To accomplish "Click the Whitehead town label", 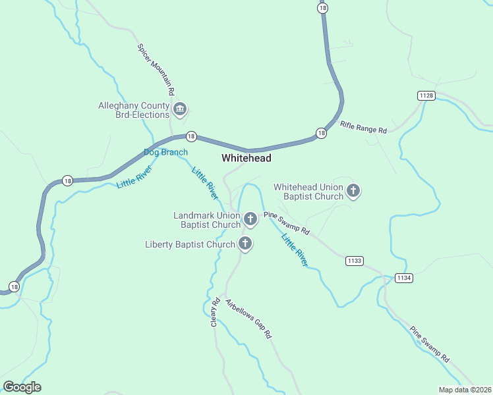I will pyautogui.click(x=246, y=158).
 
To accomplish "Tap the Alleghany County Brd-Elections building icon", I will pyautogui.click(x=179, y=109).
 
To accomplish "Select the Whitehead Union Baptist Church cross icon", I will pyautogui.click(x=353, y=192).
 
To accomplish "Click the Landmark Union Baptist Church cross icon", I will pyautogui.click(x=250, y=219).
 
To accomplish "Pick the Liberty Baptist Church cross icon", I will pyautogui.click(x=245, y=244).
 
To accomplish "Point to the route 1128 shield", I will pyautogui.click(x=426, y=96).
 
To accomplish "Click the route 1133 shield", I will pyautogui.click(x=354, y=261).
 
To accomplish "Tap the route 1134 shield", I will pyautogui.click(x=404, y=278).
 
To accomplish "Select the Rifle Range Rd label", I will pyautogui.click(x=363, y=126).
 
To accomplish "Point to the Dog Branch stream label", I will pyautogui.click(x=165, y=152).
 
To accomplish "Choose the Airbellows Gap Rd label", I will pyautogui.click(x=248, y=319).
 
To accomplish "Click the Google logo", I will pyautogui.click(x=22, y=387).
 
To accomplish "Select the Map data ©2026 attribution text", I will pyautogui.click(x=465, y=390).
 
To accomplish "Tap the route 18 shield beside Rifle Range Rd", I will pyautogui.click(x=321, y=133).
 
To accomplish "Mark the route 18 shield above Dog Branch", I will pyautogui.click(x=190, y=136).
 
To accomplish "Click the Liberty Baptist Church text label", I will pyautogui.click(x=190, y=245).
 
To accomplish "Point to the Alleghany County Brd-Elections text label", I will pyautogui.click(x=134, y=110).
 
